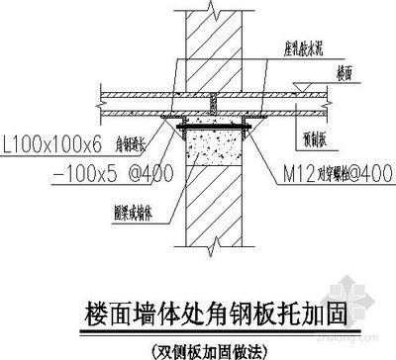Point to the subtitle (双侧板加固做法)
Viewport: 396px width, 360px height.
[x=199, y=345]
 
